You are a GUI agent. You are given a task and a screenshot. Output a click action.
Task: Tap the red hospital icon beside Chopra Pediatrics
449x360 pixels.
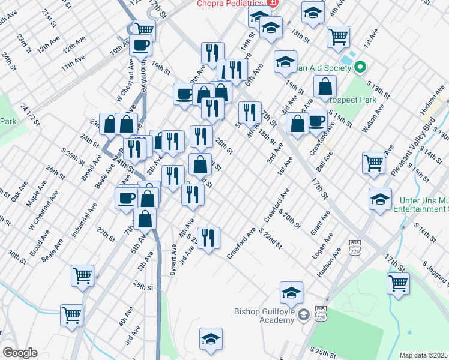click(x=273, y=3)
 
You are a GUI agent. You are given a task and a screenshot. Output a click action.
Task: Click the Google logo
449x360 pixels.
click(x=19, y=353)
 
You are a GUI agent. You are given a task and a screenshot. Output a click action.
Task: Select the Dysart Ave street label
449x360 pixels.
click(x=174, y=256)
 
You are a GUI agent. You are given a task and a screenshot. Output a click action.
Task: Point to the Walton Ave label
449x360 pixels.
click(x=373, y=120)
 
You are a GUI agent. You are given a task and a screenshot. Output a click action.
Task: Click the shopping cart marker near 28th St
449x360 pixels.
click(x=83, y=275)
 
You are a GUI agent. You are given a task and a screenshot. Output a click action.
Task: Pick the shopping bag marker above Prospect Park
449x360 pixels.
click(x=324, y=86)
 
